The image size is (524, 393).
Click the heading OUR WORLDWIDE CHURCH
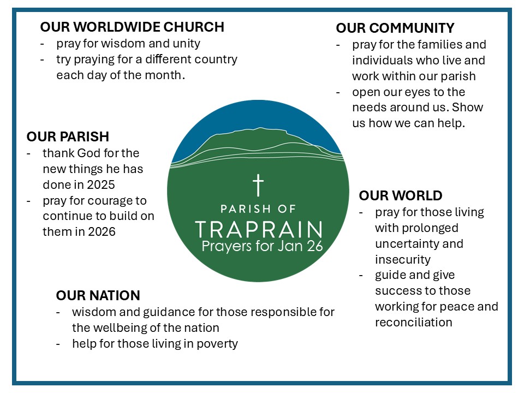click(132, 27)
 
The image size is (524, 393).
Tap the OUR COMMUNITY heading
click(395, 28)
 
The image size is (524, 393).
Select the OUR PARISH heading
click(68, 136)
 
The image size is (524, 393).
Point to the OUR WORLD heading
click(401, 195)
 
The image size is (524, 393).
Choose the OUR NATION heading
click(98, 295)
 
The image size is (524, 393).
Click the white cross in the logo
click(258, 185)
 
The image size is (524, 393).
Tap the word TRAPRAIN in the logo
click(259, 230)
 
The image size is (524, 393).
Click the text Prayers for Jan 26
click(263, 246)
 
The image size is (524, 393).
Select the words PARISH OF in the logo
click(258, 209)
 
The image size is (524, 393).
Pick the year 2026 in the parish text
click(102, 231)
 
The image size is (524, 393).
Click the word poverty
click(217, 344)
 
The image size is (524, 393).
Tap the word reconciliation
click(414, 322)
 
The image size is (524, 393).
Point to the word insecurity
click(403, 259)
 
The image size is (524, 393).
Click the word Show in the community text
click(468, 108)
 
